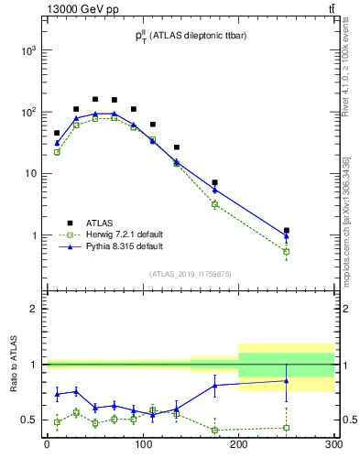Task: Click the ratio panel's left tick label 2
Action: (33, 309)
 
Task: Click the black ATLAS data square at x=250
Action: (287, 230)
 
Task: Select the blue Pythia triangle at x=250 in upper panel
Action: (287, 236)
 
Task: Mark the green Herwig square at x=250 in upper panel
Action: (287, 251)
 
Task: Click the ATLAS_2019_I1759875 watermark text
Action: (190, 273)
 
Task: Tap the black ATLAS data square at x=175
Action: (214, 182)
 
